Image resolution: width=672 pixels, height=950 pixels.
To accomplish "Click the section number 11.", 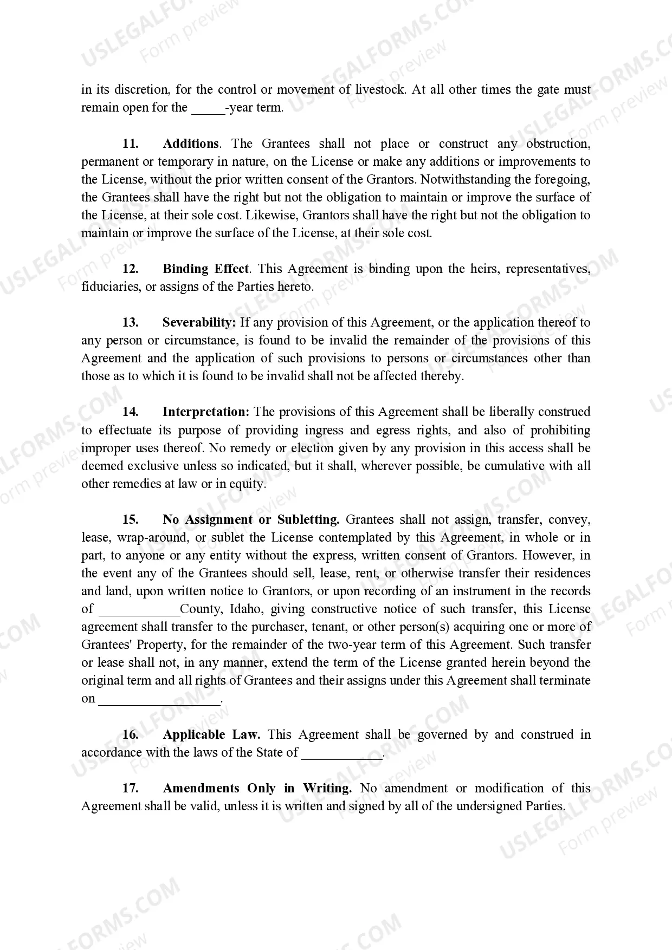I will point(130,144).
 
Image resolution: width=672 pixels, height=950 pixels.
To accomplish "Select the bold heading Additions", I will point(191,144).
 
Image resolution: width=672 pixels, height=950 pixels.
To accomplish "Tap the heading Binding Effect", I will point(205,269).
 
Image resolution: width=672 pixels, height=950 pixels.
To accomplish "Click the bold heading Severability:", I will point(199,323).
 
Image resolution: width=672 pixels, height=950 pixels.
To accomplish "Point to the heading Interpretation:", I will point(206,412).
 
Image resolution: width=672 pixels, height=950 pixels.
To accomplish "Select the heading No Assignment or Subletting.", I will point(251,520).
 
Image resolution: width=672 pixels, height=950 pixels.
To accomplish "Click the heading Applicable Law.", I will point(211,735).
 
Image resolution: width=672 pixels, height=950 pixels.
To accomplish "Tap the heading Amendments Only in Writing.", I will point(257,789).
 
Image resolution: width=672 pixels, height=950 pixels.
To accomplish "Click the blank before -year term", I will point(208,108).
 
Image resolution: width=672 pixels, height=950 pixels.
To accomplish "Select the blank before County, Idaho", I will point(139,609).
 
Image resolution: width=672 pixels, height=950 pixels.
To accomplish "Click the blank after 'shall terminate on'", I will point(159,699).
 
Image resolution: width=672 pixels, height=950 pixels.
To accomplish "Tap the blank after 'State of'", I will point(341,753).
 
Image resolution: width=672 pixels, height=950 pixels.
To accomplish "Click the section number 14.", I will point(130,412).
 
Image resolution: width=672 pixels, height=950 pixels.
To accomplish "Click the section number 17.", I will point(130,789).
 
